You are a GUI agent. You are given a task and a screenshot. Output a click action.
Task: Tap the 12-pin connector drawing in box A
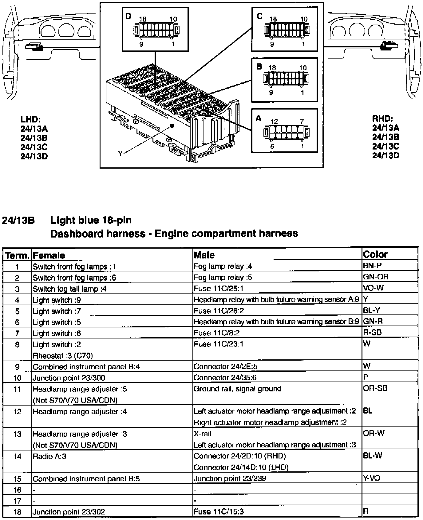pos(286,133)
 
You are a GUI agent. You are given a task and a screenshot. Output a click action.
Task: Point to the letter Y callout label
pos(120,153)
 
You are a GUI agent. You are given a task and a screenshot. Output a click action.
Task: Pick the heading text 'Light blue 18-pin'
pos(91,220)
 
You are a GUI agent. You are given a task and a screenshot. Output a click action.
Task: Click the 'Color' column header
pos(375,254)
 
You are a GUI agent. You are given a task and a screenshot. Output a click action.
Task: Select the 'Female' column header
pos(49,255)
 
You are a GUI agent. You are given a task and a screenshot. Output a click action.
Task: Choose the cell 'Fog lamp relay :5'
pos(223,277)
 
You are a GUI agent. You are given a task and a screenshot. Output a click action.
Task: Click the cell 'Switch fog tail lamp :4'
pos(70,289)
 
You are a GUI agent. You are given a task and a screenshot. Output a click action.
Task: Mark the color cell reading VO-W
pos(373,288)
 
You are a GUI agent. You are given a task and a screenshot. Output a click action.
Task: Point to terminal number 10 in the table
pos(18,378)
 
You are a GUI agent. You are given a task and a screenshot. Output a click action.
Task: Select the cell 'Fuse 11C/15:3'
pos(219,512)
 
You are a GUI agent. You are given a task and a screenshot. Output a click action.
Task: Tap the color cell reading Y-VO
pos(372,478)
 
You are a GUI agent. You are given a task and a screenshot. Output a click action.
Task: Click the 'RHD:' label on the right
pos(383,118)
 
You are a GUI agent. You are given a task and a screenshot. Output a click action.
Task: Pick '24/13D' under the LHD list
pos(34,156)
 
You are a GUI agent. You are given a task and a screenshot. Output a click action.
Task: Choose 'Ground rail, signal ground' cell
pos(237,389)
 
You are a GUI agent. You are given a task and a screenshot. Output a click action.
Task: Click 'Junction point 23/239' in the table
pos(230,478)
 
